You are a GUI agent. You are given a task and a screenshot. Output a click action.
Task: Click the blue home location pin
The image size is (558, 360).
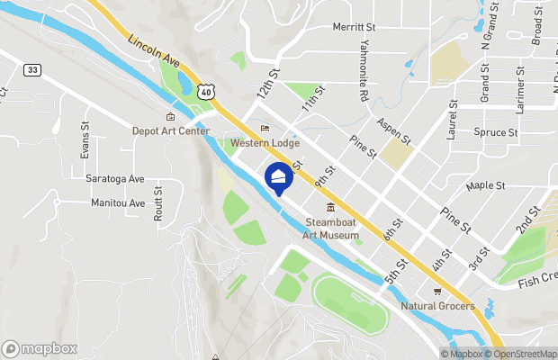click(279, 178)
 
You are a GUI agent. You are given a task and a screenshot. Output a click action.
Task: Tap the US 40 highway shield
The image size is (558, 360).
click(207, 91)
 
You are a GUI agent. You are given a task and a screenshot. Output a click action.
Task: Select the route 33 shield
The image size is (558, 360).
click(32, 69)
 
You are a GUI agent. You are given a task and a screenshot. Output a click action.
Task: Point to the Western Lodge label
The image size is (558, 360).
click(265, 143)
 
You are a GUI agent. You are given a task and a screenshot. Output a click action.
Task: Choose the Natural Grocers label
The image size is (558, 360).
click(437, 305)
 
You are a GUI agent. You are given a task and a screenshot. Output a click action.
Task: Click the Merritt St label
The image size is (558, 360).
click(354, 28)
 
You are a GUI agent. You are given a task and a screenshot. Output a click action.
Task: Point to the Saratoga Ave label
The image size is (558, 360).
click(115, 178)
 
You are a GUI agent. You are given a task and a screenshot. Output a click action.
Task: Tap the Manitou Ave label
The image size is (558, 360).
click(118, 202)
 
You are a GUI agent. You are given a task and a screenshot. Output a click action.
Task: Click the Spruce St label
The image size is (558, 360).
click(495, 132)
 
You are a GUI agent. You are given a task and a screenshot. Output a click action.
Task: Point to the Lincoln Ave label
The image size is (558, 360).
click(155, 55)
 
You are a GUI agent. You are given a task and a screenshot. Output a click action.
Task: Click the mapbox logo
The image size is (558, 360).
click(40, 348)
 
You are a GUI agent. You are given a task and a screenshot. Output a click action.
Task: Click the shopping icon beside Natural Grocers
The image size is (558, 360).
click(437, 291)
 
